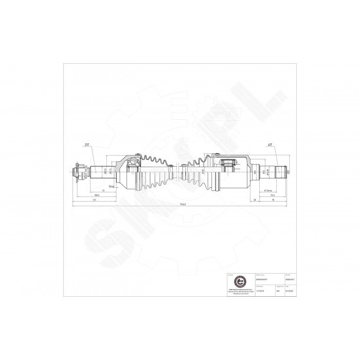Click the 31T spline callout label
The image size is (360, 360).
point(86,145)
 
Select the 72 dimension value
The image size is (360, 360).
point(103,190)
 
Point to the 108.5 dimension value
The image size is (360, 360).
point(96,195)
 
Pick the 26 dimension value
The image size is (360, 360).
point(256,201)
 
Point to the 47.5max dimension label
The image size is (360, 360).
point(267,190)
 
